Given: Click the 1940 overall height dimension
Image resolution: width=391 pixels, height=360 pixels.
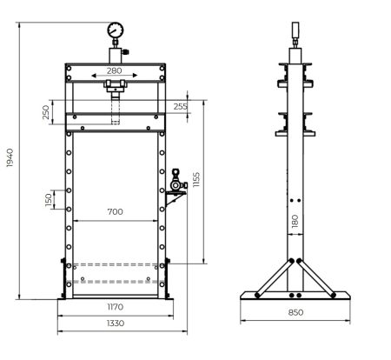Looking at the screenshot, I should tap(10, 159).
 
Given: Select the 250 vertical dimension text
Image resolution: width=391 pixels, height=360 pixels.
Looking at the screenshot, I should tap(46, 113).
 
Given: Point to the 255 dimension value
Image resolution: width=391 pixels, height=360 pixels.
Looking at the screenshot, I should tap(180, 107).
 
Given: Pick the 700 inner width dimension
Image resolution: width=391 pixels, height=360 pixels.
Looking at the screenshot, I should tap(115, 212).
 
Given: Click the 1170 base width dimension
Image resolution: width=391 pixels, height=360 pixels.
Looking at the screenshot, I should tap(115, 307).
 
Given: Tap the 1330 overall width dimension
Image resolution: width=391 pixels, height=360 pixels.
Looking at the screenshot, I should tap(115, 323).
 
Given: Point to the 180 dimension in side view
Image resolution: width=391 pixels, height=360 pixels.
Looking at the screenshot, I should tap(295, 223).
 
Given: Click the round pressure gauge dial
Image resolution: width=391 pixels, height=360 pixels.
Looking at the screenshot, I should tap(115, 32).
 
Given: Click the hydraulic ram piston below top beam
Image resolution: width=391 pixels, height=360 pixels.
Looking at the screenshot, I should tap(115, 108).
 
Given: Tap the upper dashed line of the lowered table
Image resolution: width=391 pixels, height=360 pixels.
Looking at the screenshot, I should tap(115, 264).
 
